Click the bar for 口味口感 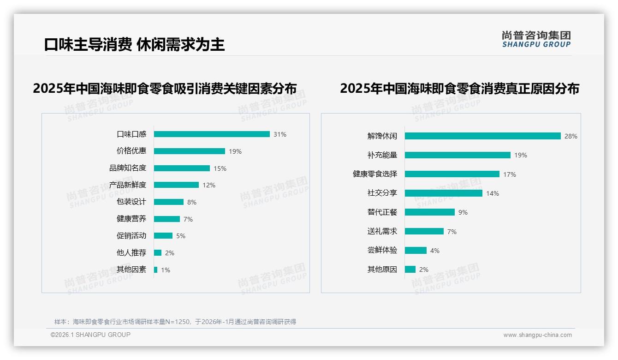tap(212, 134)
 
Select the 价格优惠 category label tap(131, 151)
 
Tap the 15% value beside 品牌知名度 tap(220, 168)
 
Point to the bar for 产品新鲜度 tap(176, 185)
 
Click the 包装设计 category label tap(131, 202)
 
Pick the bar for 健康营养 tap(167, 219)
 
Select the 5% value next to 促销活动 tap(181, 236)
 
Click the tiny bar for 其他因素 tap(155, 270)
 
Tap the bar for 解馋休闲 tap(482, 136)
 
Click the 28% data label tap(571, 136)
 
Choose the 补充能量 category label tap(382, 155)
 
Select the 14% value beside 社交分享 tap(493, 193)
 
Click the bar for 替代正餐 tap(430, 212)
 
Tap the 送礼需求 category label tap(382, 231)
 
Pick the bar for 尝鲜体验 tap(416, 251)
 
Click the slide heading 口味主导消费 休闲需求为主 tap(134, 44)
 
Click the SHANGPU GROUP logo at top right tap(536, 39)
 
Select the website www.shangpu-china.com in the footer tap(537, 335)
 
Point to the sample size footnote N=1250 tap(175, 322)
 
